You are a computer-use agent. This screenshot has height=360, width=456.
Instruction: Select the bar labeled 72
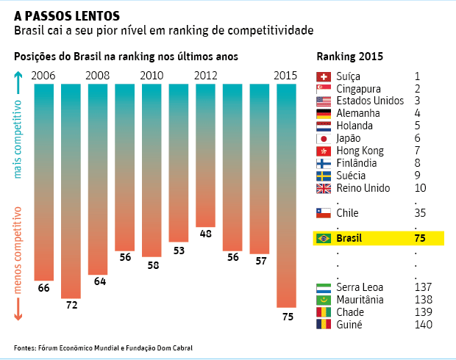click(71, 191)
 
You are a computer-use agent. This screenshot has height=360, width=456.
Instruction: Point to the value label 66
click(44, 288)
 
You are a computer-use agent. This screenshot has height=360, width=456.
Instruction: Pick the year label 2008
click(98, 75)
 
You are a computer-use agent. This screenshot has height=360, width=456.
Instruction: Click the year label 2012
click(206, 75)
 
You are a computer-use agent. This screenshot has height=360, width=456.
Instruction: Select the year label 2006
click(44, 75)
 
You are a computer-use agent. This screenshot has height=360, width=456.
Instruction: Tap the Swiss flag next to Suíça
click(324, 76)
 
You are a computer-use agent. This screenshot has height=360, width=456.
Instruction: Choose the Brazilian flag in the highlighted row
click(324, 238)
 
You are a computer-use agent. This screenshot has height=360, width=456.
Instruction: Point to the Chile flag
click(324, 213)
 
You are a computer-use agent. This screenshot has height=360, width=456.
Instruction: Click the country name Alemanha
click(358, 114)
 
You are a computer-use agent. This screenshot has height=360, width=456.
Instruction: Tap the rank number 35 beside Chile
click(420, 213)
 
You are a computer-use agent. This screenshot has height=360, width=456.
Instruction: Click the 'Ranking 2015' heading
click(349, 57)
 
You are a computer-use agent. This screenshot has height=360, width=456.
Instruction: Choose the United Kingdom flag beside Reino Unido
click(324, 189)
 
